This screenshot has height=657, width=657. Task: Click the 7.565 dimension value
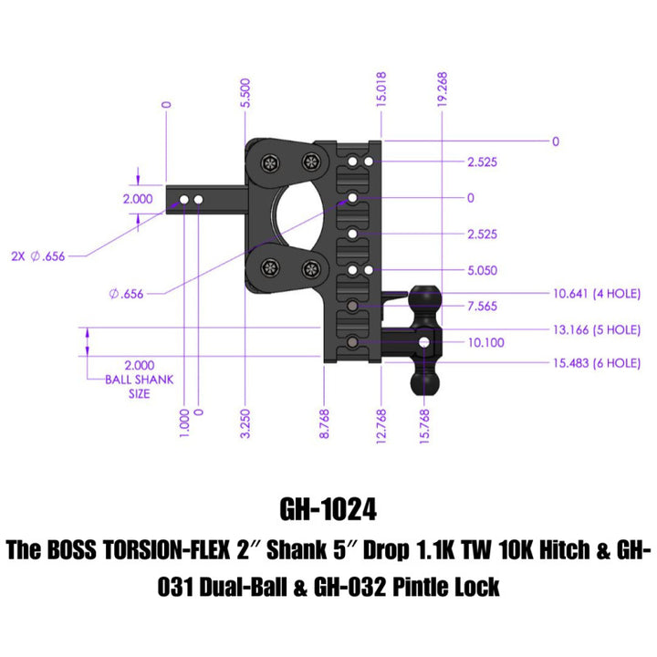(481, 307)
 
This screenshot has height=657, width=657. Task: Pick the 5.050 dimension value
(481, 271)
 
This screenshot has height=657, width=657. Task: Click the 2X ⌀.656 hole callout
(40, 256)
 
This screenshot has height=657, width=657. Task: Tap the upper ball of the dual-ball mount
(424, 298)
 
